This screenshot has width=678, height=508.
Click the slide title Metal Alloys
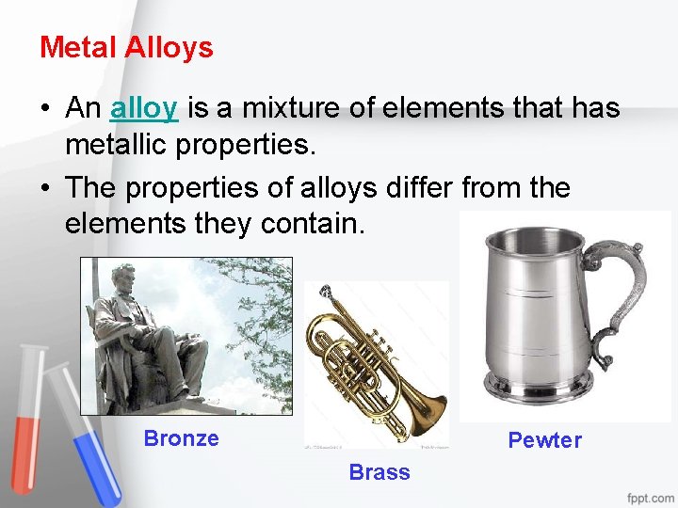point(126,47)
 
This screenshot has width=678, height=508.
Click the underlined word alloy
point(143,108)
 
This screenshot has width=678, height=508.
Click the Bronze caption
point(181,438)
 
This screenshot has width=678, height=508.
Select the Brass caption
point(379,472)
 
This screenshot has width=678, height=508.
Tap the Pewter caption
point(544,440)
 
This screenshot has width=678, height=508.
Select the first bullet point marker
point(45,109)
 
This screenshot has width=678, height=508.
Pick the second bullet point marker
point(45,188)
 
